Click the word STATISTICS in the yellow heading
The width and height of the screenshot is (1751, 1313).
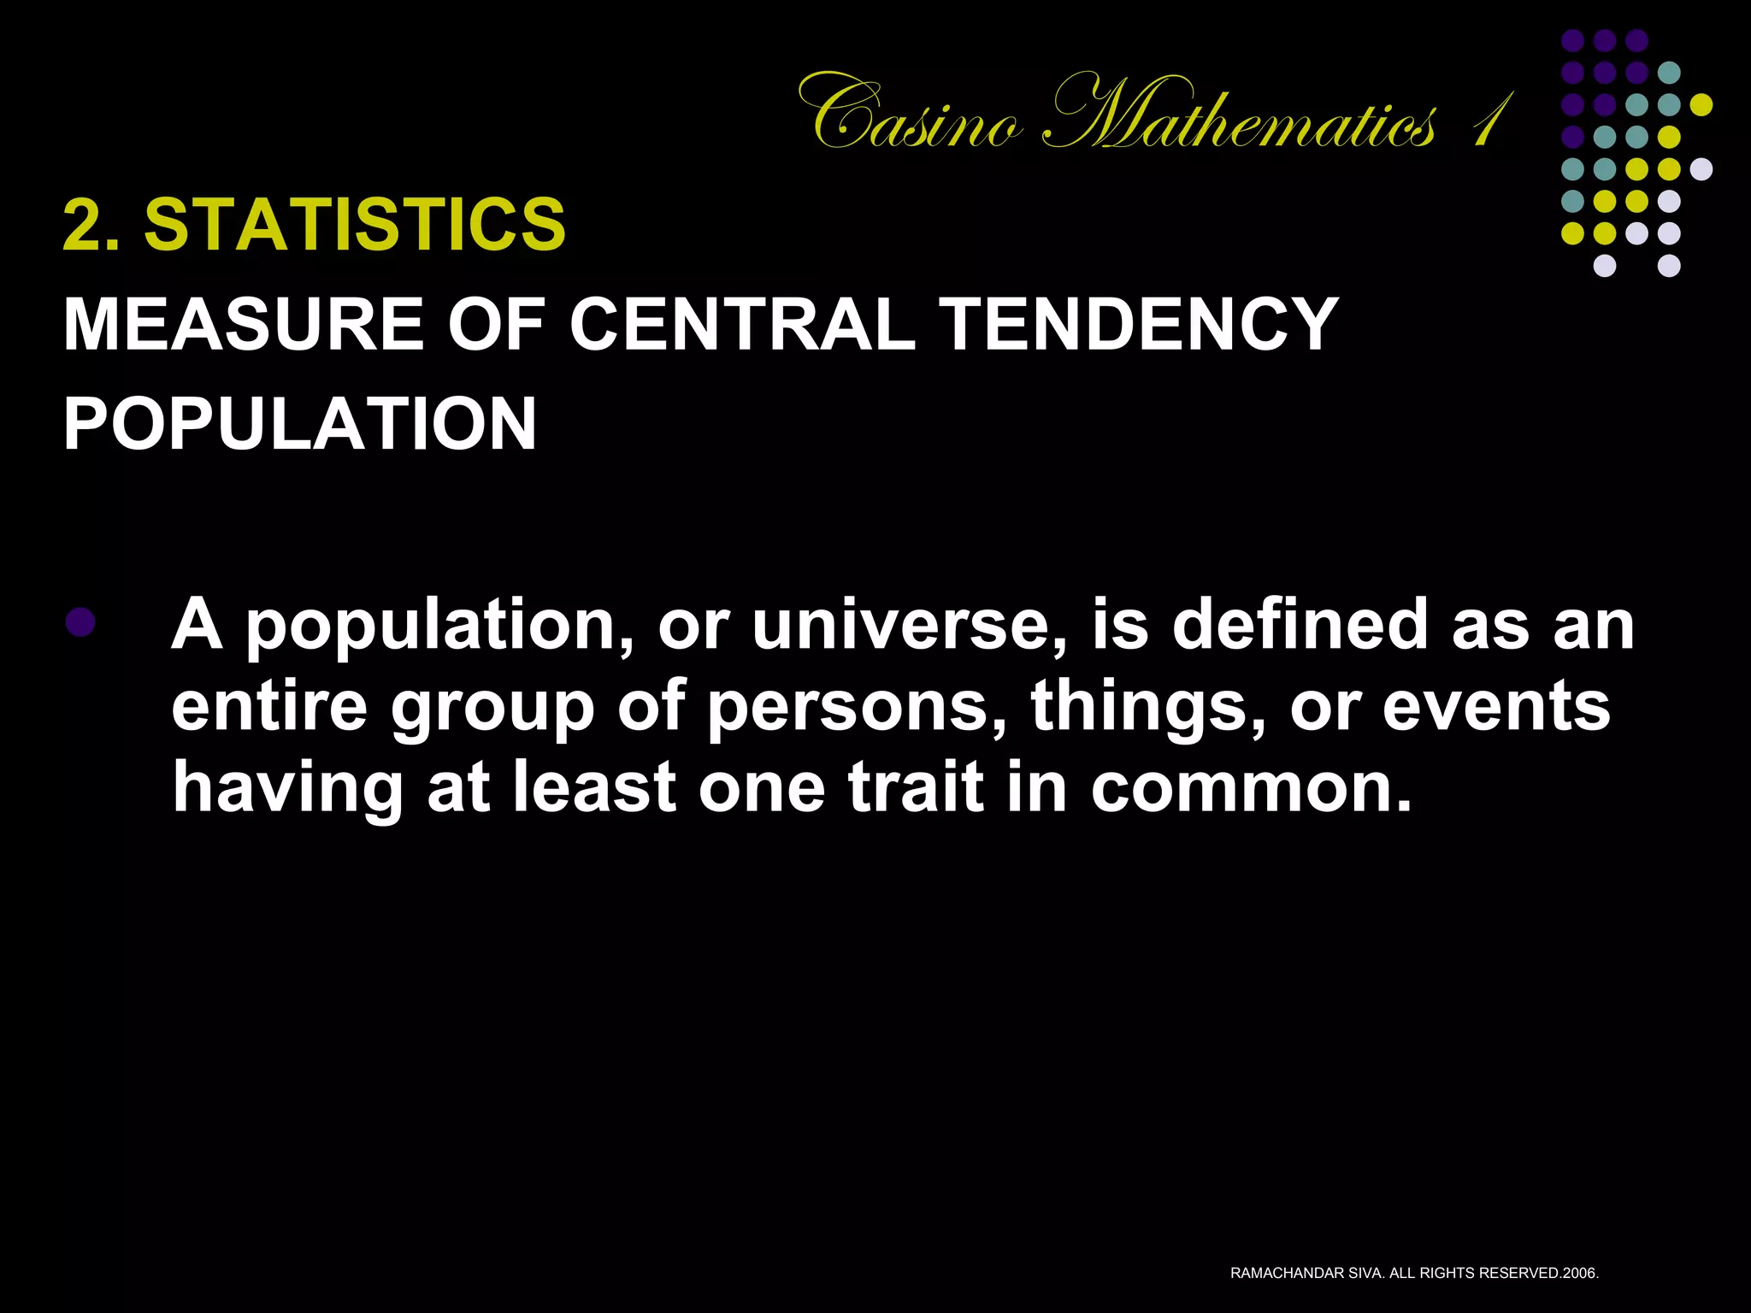354,225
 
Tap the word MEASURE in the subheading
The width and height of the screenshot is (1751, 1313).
243,325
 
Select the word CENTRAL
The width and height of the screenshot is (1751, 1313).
741,325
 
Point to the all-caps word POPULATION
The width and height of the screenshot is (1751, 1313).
300,424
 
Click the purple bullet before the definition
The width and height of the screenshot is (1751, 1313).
80,621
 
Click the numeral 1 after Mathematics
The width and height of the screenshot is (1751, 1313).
1489,120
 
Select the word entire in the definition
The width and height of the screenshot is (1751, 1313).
269,707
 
